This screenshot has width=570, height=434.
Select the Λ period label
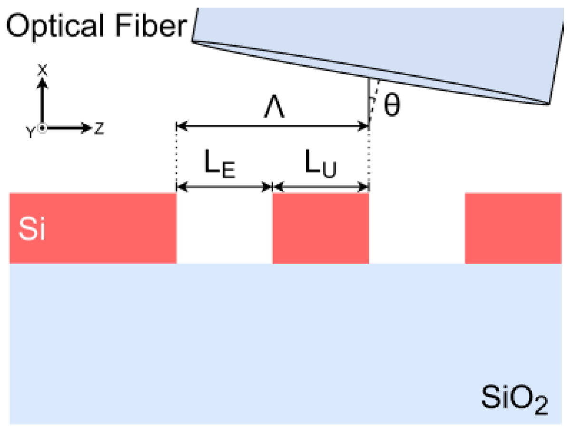point(275,110)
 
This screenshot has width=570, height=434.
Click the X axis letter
point(43,70)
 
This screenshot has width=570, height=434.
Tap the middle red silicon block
point(320,228)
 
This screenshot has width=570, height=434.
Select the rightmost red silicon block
point(513,228)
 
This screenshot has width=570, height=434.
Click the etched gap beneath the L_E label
point(224,228)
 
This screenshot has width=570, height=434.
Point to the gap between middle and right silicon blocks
point(417,228)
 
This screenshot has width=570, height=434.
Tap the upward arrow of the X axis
point(43,100)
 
